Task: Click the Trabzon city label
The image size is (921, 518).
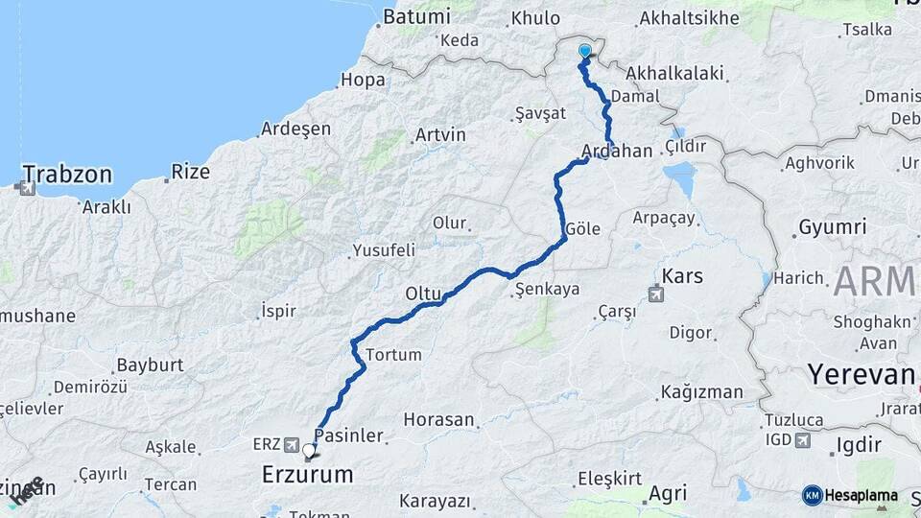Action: (67, 175)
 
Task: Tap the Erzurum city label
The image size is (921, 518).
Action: (307, 474)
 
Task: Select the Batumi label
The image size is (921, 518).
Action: (416, 16)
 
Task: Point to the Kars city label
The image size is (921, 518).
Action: (682, 276)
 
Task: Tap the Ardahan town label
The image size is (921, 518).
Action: (616, 152)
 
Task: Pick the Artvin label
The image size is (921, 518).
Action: (441, 134)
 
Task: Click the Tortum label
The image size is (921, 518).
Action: (393, 354)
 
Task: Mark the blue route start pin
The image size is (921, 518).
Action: (585, 52)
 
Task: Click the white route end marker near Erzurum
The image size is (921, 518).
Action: (309, 450)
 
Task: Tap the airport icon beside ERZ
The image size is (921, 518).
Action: (294, 444)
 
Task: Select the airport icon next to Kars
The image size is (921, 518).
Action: (656, 294)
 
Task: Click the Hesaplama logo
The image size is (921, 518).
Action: (850, 495)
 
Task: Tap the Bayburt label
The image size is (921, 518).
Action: (149, 365)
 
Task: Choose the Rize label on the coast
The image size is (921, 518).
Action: (190, 173)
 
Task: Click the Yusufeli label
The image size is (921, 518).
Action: (384, 250)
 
